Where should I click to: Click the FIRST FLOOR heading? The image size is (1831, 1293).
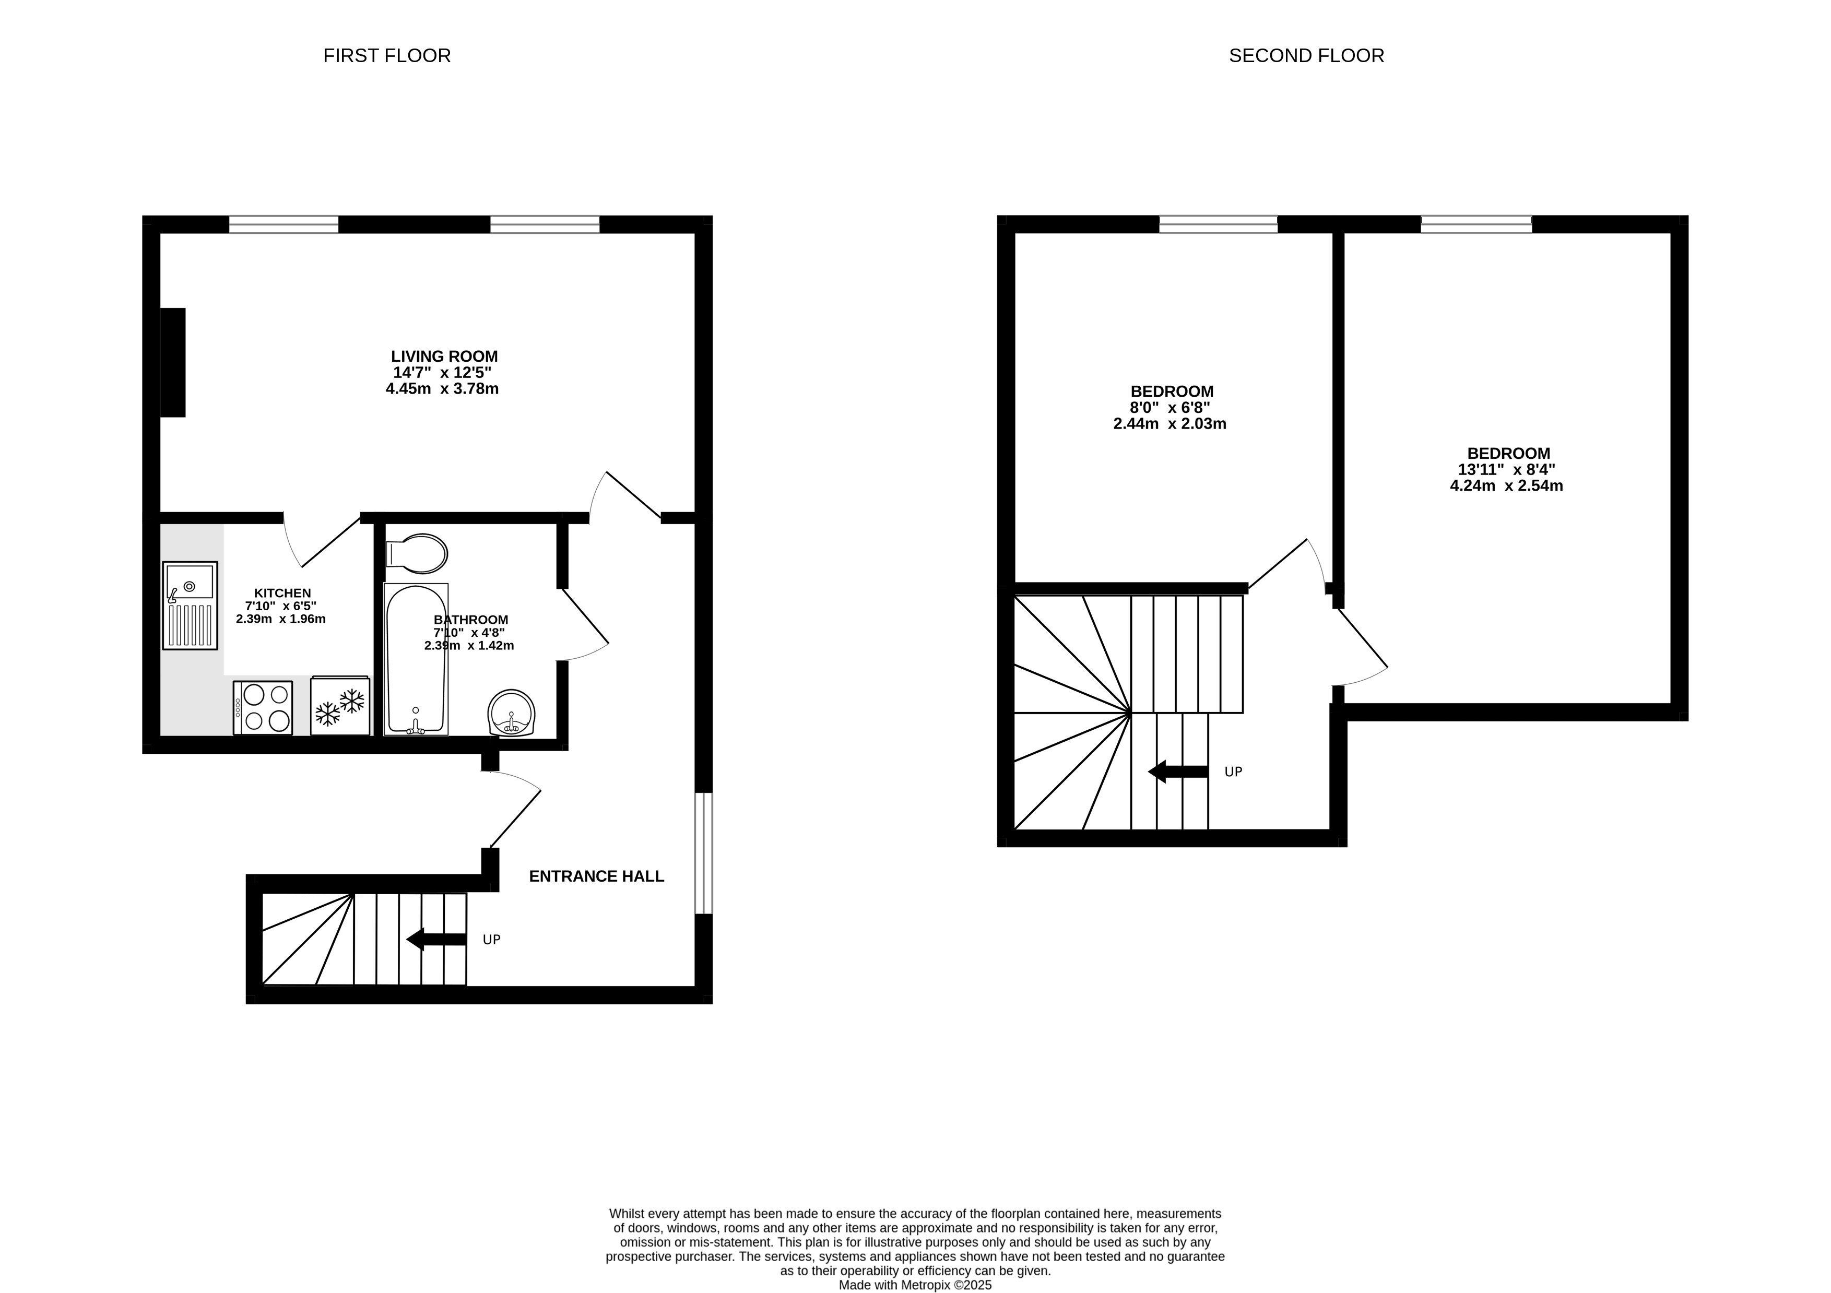387,56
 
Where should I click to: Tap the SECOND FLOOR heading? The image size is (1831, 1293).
1306,56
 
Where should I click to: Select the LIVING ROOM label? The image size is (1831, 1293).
444,357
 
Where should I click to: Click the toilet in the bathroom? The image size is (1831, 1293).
416,553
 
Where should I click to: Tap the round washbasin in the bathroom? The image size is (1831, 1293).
511,712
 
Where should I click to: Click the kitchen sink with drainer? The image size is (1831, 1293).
190,605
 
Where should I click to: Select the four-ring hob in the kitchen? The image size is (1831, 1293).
263,707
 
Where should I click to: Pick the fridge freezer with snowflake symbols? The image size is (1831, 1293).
340,706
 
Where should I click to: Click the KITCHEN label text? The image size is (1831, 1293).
282,593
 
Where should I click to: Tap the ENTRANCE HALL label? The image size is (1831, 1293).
597,876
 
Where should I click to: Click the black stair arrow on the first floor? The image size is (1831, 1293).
436,939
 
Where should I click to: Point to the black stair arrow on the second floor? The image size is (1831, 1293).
1178,772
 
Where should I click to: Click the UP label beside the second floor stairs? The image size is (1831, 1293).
1233,772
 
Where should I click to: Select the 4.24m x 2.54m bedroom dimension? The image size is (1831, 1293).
1506,485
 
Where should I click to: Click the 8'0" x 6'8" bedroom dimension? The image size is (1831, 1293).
1170,407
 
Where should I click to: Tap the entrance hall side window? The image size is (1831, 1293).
703,853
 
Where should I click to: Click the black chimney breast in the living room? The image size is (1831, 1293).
173,363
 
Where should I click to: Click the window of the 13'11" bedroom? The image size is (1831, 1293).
1476,224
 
